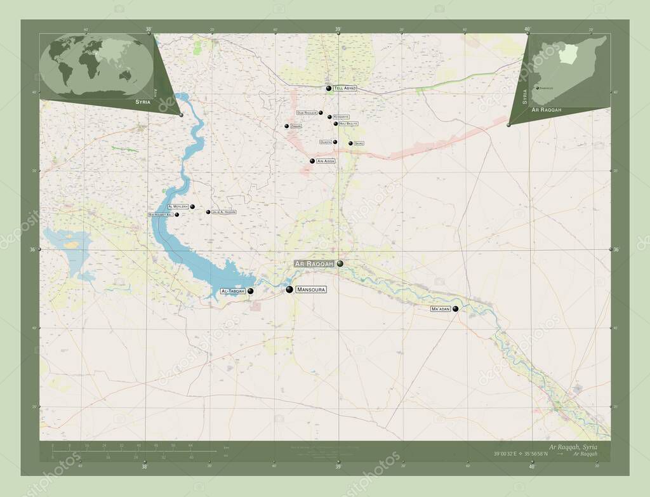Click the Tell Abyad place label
click(345, 88)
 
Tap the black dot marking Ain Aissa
click(312, 161)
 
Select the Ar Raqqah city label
click(314, 263)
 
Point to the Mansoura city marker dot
click(289, 289)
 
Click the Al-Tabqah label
click(232, 291)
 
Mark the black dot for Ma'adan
click(455, 309)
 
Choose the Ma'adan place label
click(440, 308)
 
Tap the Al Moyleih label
click(178, 207)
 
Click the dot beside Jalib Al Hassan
click(208, 212)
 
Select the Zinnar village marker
click(286, 126)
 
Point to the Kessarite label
click(341, 117)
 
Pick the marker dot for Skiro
click(350, 143)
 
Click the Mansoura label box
click(311, 289)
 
